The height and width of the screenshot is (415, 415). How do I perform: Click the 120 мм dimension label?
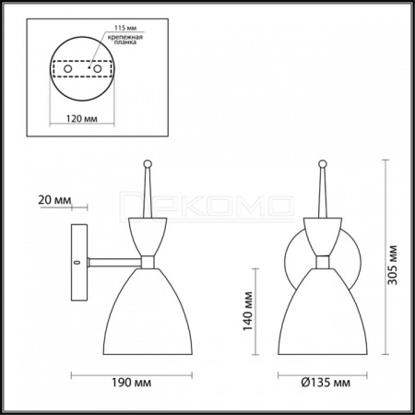point(82,118)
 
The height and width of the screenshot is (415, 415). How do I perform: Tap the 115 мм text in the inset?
point(125,28)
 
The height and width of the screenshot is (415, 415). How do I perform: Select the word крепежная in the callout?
point(125,38)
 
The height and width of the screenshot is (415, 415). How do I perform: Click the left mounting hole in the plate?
point(67,69)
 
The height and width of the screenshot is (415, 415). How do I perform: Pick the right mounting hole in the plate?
point(98,69)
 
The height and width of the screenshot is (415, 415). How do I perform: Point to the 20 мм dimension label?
point(54,200)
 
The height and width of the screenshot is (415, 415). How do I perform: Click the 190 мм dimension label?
point(131,383)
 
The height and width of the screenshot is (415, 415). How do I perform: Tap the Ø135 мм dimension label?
point(326,383)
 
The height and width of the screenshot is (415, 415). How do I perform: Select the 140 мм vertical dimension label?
point(248,311)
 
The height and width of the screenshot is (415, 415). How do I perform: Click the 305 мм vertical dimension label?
point(392,265)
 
